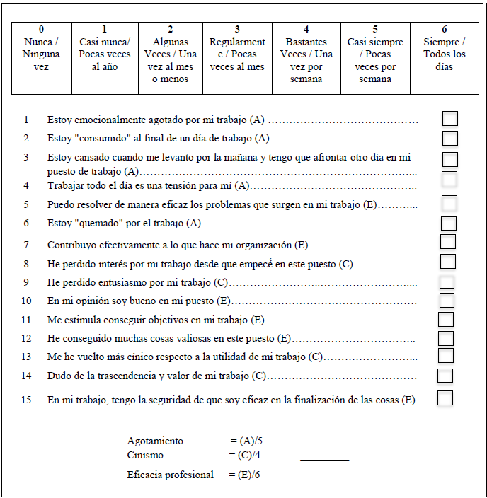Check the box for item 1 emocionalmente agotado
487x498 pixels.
pyautogui.click(x=449, y=119)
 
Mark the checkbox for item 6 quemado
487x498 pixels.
pyautogui.click(x=448, y=224)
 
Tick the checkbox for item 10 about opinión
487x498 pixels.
pyautogui.click(x=447, y=301)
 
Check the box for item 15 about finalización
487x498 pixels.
pyautogui.click(x=445, y=398)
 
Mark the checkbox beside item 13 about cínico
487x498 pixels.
pyautogui.click(x=446, y=356)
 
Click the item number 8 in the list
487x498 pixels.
pyautogui.click(x=26, y=264)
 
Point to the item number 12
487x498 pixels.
pyautogui.click(x=26, y=339)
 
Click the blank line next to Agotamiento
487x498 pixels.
pyautogui.click(x=324, y=444)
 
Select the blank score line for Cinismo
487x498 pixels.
pyautogui.click(x=324, y=458)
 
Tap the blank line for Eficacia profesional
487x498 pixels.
pyautogui.click(x=324, y=478)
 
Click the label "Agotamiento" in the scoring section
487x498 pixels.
pyautogui.click(x=155, y=441)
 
